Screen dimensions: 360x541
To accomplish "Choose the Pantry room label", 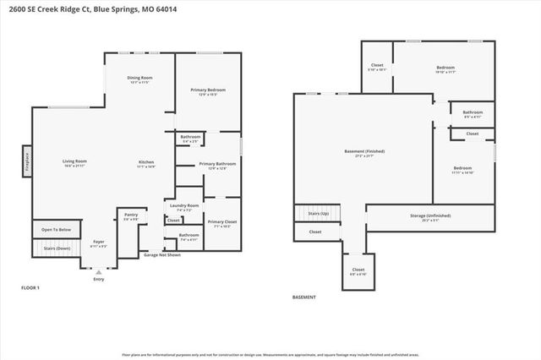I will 131,215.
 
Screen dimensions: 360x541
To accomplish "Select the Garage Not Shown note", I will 161,254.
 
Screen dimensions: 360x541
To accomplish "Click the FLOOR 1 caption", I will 30,288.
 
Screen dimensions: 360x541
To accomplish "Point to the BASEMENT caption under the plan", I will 303,297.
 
